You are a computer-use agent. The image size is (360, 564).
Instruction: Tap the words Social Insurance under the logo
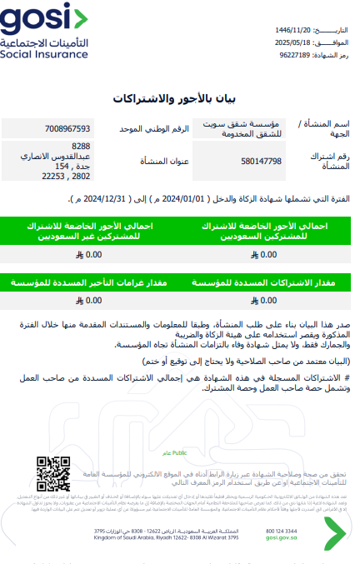click(x=43, y=55)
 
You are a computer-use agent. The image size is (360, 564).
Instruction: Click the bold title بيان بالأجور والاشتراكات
click(x=180, y=98)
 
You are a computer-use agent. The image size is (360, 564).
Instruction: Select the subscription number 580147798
click(x=261, y=161)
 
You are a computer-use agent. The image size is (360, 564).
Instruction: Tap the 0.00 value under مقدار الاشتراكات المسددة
click(x=268, y=300)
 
